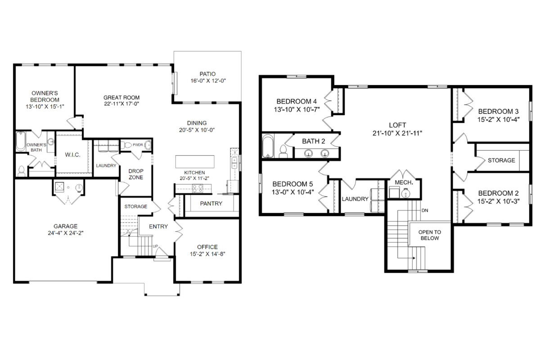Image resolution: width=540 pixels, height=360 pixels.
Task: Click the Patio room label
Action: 207,74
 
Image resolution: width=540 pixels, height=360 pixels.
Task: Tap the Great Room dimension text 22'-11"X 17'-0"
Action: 121,104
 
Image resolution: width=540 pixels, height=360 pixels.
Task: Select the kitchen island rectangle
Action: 195,162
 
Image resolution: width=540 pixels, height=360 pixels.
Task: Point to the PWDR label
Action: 138,145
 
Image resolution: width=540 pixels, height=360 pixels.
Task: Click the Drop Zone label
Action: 136,174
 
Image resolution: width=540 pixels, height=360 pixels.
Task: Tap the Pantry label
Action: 211,203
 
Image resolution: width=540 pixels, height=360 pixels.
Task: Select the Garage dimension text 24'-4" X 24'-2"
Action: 66,233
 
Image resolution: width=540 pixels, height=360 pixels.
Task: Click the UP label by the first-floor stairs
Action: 155,246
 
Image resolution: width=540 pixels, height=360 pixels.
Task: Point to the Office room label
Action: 207,247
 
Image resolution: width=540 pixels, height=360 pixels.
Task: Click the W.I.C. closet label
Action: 72,155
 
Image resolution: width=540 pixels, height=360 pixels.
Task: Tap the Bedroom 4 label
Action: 297,101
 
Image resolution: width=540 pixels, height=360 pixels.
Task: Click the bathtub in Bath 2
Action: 268,146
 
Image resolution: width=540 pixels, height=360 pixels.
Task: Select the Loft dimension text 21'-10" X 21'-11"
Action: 397,133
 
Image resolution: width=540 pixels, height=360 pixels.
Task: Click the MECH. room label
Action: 404,183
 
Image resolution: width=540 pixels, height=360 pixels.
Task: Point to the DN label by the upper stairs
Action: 425,211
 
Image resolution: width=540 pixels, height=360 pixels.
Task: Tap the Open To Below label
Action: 430,235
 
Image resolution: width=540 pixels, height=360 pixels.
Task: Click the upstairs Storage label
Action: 501,160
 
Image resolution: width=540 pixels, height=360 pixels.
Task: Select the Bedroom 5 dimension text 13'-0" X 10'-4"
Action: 292,192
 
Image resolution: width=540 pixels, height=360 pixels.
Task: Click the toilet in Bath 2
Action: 283,152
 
